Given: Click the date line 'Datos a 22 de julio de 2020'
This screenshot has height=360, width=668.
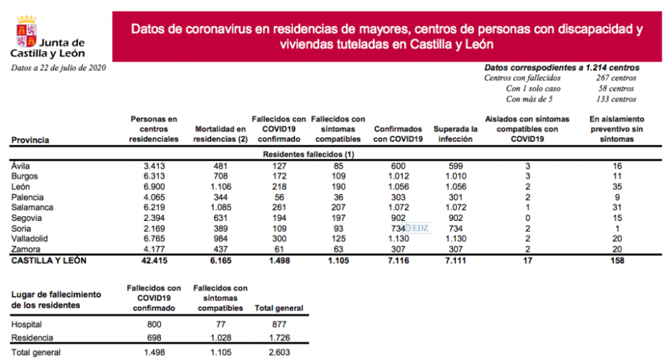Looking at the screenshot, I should tap(58, 67).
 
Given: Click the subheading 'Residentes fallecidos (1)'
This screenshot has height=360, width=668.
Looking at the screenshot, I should tap(308, 155).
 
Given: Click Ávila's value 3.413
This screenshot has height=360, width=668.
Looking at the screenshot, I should tap(154, 166).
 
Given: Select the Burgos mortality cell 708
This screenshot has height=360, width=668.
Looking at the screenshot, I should tap(220, 176).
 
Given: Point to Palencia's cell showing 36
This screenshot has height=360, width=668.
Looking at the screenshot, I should tap(338, 196).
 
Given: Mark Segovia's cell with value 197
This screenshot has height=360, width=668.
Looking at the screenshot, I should tap(338, 218).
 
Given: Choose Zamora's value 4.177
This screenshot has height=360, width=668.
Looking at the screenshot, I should tap(154, 248).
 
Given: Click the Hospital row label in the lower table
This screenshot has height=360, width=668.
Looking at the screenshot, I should tap(28, 324).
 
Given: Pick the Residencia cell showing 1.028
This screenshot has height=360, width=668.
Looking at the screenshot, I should tap(221, 337).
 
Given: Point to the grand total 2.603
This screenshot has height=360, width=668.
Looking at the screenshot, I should tap(279, 352).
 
